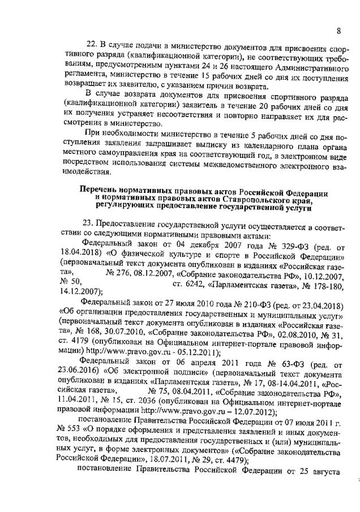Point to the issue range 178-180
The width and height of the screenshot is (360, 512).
(326, 283)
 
